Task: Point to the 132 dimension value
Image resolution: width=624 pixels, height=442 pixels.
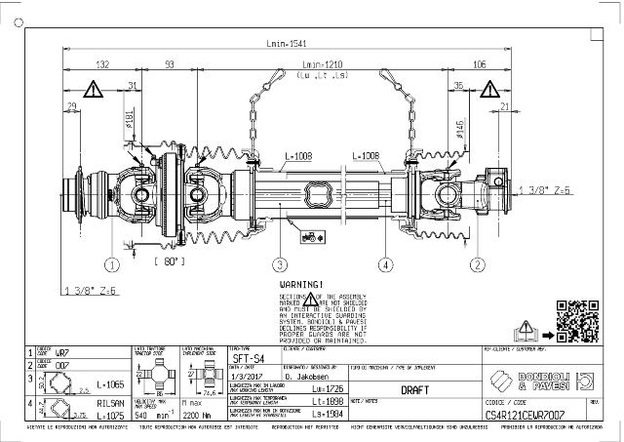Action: click(102, 64)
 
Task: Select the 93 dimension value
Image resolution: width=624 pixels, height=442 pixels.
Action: click(170, 64)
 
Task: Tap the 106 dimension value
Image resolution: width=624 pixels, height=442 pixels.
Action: click(479, 64)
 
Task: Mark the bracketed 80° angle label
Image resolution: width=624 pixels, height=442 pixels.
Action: click(170, 261)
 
